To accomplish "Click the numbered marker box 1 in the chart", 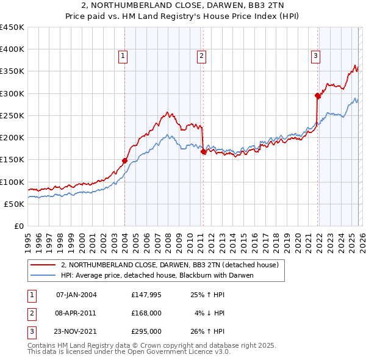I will [x=123, y=56].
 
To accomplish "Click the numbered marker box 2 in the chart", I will [x=201, y=56].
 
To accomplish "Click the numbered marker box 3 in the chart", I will [x=316, y=56].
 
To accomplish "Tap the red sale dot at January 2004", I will [x=124, y=161].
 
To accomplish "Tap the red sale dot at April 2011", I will [x=204, y=153].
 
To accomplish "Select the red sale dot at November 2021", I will [x=318, y=96].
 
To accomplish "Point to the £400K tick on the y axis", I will [x=12, y=49].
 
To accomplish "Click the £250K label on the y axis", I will [x=12, y=115].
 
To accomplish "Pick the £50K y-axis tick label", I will [x=15, y=204].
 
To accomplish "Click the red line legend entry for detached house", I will [x=170, y=265].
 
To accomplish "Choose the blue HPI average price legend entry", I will [x=157, y=275].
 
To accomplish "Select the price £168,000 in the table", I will [x=146, y=313].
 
